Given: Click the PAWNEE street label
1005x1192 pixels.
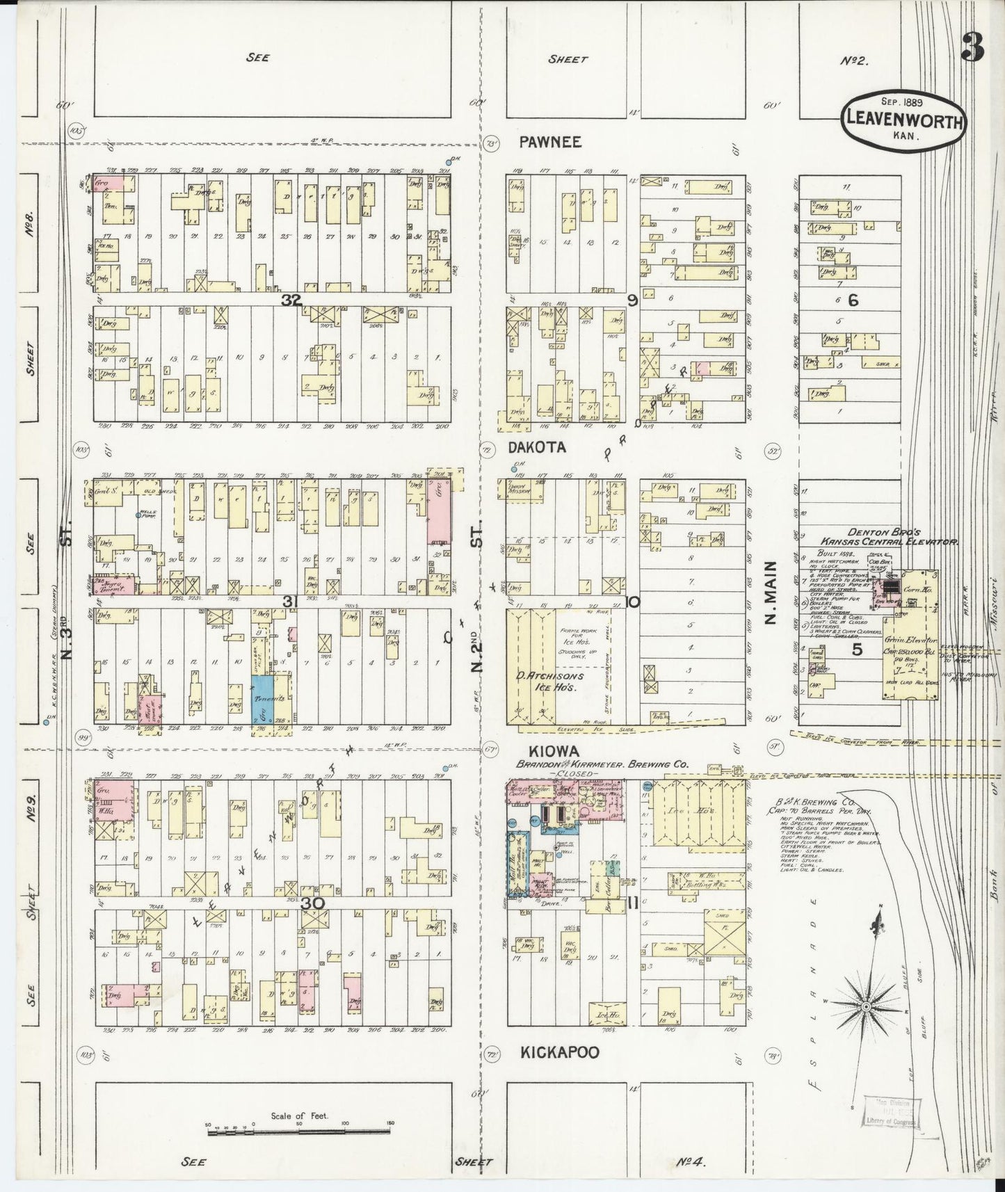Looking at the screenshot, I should click(x=550, y=142).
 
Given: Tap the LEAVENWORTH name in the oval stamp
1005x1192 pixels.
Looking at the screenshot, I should click(x=904, y=122).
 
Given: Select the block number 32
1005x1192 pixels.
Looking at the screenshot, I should click(x=291, y=300).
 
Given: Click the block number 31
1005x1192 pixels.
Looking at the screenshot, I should click(x=291, y=601).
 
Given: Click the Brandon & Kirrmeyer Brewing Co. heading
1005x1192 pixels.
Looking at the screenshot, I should click(x=601, y=764).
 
